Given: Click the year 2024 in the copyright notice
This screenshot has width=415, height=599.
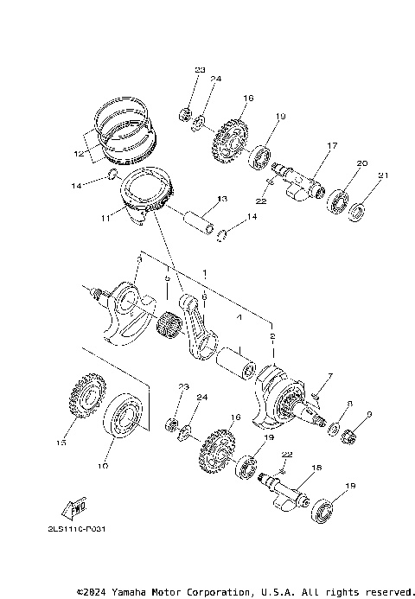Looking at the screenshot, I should (x=97, y=592).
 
